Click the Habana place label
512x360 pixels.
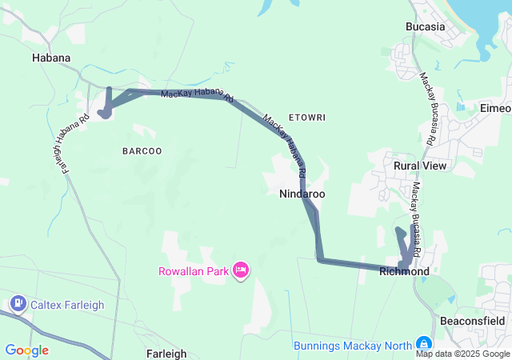[51, 58]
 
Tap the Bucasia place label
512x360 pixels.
[425, 26]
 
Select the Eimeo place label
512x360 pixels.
[494, 108]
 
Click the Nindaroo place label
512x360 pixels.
[302, 194]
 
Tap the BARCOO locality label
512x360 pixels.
[142, 150]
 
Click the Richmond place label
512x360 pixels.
[404, 271]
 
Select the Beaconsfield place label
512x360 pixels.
[473, 321]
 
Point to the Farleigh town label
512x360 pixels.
[167, 353]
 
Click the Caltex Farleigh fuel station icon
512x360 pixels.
[18, 304]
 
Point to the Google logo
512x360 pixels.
[26, 350]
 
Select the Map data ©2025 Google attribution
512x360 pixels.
[462, 354]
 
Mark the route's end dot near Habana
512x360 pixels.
[105, 113]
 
